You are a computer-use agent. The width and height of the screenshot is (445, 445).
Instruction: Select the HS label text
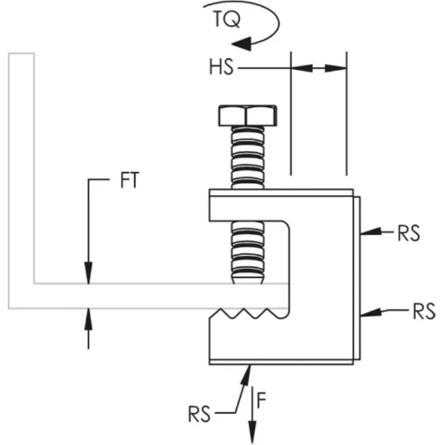pos(221,67)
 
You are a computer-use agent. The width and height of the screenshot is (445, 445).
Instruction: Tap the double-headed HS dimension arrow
pos(319,67)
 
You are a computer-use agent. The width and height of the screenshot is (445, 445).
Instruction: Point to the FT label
pos(129,183)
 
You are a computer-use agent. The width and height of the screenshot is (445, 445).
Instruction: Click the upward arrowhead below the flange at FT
pos(87,319)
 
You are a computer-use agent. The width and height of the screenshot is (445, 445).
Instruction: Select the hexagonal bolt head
pos(247,115)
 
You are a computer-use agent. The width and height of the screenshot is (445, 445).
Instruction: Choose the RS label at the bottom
pos(200,413)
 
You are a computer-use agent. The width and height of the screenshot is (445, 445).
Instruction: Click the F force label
pos(267,398)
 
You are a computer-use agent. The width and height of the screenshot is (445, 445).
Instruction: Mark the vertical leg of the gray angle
pos(22,173)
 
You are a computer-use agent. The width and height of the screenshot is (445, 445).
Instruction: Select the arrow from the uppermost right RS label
pos(372,232)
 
